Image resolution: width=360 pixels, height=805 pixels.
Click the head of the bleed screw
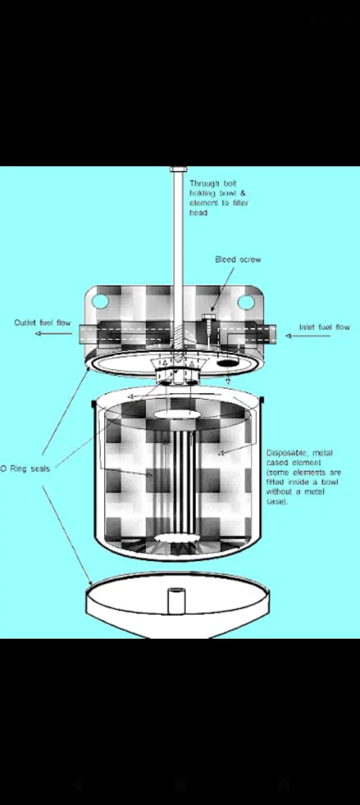pos(208,317)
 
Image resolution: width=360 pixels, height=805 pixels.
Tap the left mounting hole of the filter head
pos(100,301)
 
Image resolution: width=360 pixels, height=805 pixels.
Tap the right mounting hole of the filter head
pos(246,302)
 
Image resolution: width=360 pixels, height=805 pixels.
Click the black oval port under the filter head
pos(226,363)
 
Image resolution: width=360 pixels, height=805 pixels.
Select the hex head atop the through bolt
pos(179,169)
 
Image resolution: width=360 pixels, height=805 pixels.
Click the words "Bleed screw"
pos(238,259)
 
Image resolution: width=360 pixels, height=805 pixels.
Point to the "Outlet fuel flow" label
pos(43,323)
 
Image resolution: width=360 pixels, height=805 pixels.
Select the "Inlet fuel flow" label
pos(324,327)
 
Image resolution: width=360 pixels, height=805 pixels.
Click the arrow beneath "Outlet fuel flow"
pos(54,333)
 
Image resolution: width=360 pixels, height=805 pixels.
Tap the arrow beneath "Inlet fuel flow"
pos(308,336)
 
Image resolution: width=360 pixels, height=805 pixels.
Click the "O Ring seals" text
pos(25,469)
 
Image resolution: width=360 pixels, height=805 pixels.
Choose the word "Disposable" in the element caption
pos(287,453)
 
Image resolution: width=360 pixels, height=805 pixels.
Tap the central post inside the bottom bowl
pos(176,601)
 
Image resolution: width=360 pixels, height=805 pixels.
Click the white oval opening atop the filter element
pos(177,414)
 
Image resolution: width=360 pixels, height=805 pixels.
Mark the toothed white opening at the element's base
pos(177,538)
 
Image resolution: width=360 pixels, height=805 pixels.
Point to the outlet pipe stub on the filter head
pos(89,334)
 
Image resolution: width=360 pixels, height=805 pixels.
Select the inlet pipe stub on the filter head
pos(267,333)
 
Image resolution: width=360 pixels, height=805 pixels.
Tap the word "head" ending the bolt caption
pos(198,213)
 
